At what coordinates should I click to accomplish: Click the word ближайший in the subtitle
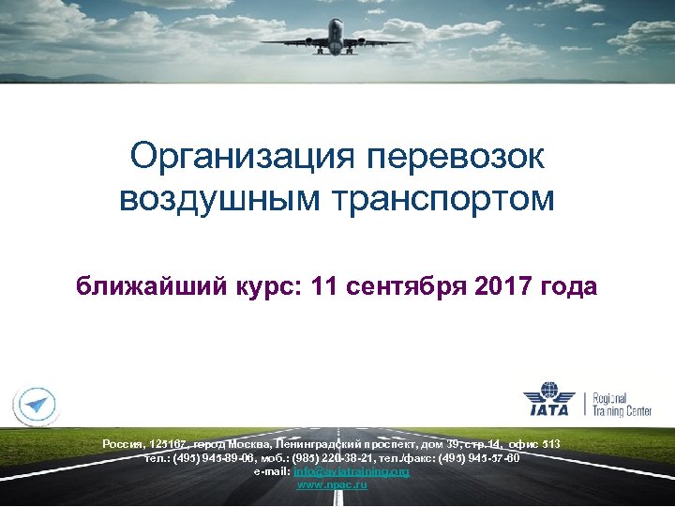[x=150, y=285]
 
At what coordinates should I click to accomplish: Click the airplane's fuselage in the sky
[x=336, y=38]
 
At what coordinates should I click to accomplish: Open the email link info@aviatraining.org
[x=352, y=471]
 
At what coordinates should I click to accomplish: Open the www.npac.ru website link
[x=332, y=484]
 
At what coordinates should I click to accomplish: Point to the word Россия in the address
[x=122, y=443]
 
